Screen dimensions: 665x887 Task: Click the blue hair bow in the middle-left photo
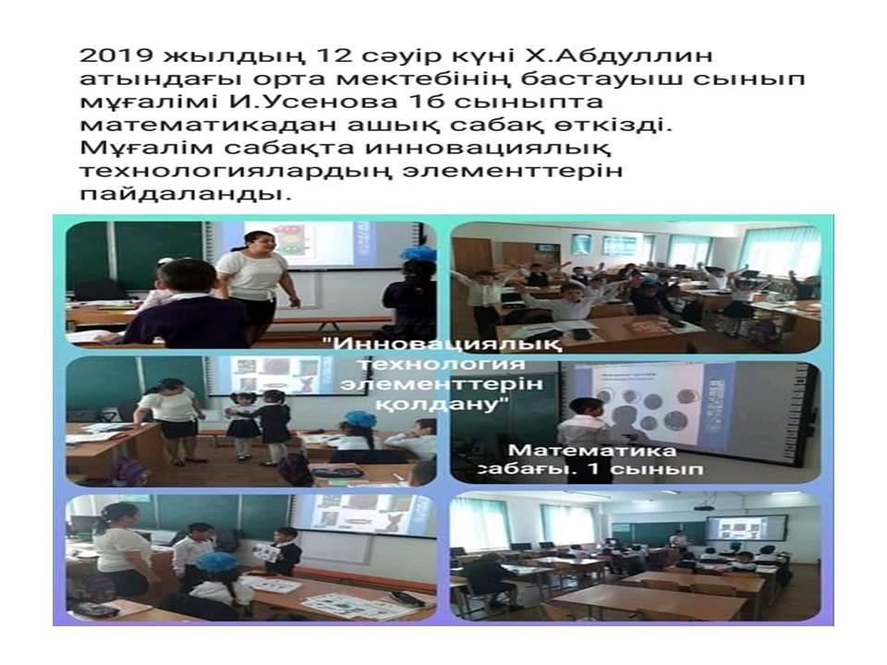359,420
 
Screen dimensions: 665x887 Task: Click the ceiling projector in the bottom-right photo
704,506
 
